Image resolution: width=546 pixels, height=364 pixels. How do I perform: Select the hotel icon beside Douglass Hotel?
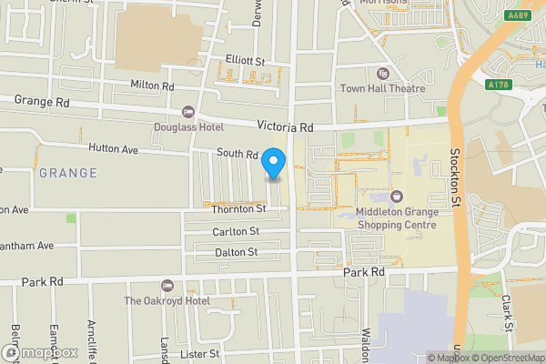tap(188, 112)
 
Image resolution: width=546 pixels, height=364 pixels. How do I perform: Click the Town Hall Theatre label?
tap(383, 88)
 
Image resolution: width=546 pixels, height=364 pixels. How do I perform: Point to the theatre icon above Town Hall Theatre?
tap(382, 74)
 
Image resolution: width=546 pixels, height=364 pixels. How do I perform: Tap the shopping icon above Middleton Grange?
tap(396, 197)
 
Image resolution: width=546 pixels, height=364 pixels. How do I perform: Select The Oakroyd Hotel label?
tap(167, 301)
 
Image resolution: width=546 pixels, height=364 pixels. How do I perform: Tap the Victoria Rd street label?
tap(285, 127)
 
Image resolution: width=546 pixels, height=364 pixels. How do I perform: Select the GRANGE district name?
tap(67, 173)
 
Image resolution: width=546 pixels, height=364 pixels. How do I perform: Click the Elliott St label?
tap(245, 61)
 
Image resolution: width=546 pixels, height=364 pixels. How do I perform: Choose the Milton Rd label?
tap(151, 86)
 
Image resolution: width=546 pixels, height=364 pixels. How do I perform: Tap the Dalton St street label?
tap(235, 252)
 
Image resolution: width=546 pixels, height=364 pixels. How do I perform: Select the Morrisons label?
tap(381, 3)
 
